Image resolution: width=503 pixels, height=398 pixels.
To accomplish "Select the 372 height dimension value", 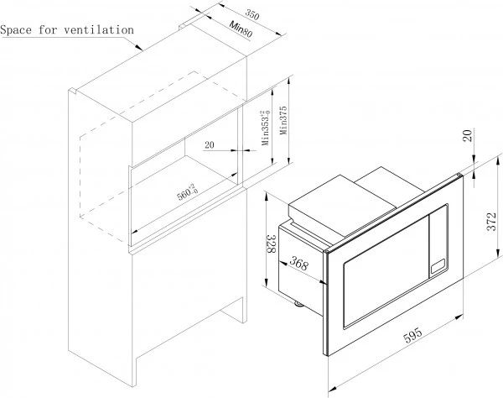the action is pos(492,222).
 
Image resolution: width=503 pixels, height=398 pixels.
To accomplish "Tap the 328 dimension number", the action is pos(272,244).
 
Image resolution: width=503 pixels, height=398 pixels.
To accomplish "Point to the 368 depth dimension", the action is pos(299,264).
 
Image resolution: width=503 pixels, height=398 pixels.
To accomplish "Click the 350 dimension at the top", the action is pos(252,13).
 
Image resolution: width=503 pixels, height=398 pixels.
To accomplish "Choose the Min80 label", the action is pos(241,29).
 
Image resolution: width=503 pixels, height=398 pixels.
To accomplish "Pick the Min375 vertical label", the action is pos(283,120).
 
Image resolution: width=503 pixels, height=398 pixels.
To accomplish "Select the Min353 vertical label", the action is pos(265,128).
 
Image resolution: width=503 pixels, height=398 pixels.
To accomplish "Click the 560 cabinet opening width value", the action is pos(188,192).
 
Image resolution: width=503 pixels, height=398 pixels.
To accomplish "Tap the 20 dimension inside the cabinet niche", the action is pos(209,145).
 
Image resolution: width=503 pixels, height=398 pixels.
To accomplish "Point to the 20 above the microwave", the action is pos(469,135).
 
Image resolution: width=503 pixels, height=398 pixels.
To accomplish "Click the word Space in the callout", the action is pos(16,30).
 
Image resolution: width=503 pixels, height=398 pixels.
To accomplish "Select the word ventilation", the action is pos(99,29).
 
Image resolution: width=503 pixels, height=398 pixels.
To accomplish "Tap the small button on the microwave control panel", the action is pos(438,266).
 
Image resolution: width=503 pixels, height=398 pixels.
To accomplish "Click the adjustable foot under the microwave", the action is pos(299,304).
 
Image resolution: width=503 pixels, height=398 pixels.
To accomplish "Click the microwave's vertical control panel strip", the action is pos(438,239).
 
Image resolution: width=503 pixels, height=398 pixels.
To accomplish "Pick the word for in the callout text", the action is pos(48,30).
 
